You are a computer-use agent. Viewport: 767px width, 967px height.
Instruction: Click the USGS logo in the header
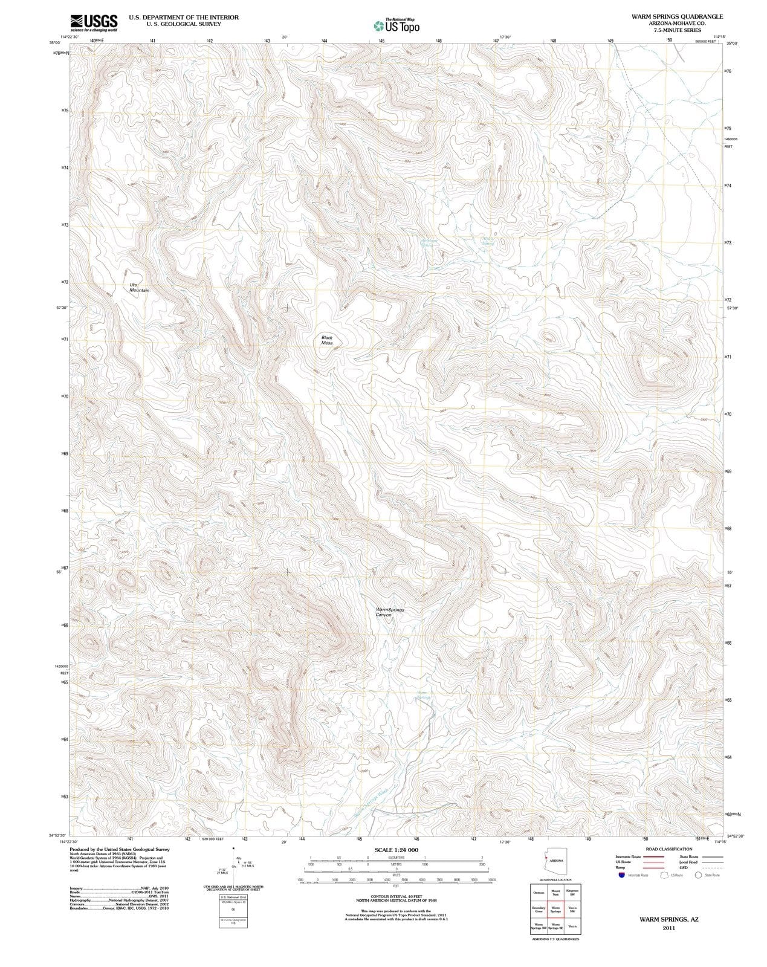(94, 22)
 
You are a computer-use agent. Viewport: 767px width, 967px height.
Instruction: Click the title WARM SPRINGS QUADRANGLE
(677, 17)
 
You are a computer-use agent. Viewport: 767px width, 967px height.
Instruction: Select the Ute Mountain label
(139, 288)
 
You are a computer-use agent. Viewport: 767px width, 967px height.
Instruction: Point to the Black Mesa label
(327, 340)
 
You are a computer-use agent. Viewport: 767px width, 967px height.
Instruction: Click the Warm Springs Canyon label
(390, 612)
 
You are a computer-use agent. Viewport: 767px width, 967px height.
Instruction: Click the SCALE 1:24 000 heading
(396, 850)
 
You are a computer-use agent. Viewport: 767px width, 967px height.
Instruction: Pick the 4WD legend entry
(684, 867)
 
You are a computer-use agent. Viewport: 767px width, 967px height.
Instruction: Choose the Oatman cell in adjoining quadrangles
(538, 893)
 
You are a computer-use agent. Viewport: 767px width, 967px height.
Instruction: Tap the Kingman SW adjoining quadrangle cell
(572, 893)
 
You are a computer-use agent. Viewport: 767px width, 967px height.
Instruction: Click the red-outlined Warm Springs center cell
(555, 910)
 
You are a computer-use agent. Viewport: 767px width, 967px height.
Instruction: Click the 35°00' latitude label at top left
(55, 43)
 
